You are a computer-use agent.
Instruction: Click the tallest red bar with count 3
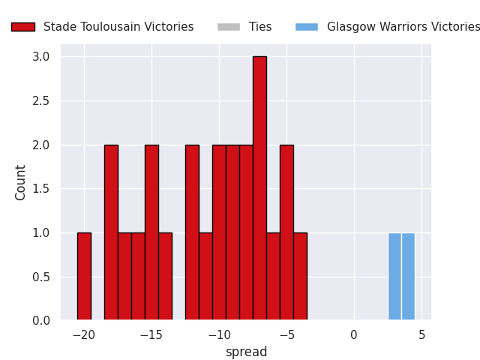click(x=260, y=188)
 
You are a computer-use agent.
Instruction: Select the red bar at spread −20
click(x=84, y=276)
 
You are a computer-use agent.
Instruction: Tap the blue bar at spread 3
click(x=394, y=276)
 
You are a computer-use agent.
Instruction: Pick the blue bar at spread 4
click(x=408, y=276)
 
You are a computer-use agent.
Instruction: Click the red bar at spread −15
click(x=151, y=232)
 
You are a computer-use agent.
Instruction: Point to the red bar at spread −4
click(x=300, y=276)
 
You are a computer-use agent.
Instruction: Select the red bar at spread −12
click(x=192, y=232)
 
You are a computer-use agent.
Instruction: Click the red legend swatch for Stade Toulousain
click(x=23, y=27)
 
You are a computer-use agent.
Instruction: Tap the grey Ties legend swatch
click(x=229, y=27)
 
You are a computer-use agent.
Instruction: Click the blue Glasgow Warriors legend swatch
click(x=307, y=27)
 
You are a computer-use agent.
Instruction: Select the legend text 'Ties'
click(x=260, y=27)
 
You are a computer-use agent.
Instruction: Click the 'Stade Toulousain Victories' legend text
click(x=118, y=27)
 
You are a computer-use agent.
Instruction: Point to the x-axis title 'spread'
click(x=247, y=352)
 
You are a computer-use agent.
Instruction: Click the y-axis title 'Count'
click(x=20, y=183)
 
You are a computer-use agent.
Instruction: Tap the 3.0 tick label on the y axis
click(x=41, y=57)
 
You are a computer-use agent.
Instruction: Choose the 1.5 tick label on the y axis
click(x=41, y=189)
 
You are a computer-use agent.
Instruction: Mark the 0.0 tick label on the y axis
click(x=41, y=320)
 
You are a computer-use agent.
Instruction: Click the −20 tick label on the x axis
click(x=84, y=335)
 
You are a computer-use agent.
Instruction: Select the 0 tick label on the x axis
click(x=354, y=335)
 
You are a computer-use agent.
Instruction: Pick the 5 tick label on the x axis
click(x=421, y=335)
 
